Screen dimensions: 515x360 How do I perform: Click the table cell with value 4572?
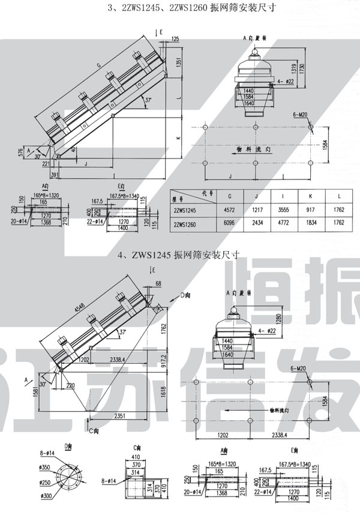pyautogui.click(x=229, y=211)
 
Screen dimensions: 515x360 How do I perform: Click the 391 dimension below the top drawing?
pyautogui.click(x=55, y=174)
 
